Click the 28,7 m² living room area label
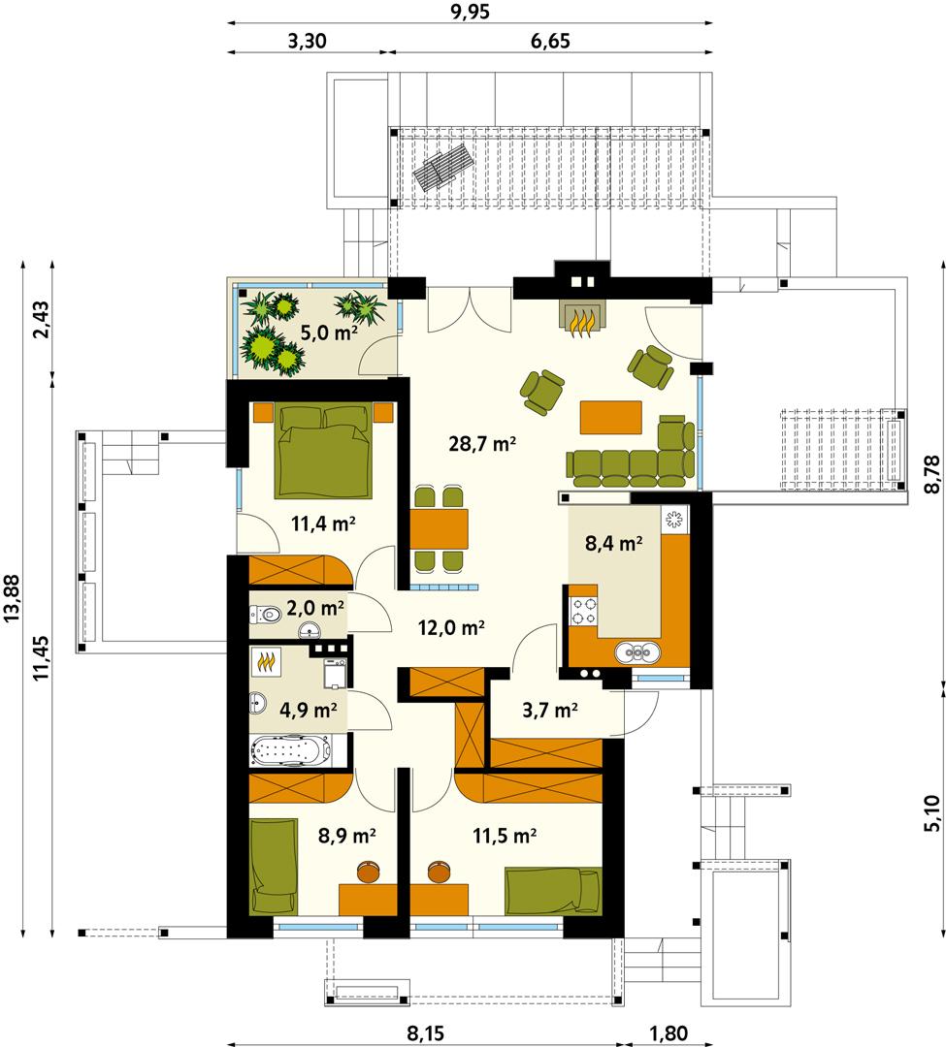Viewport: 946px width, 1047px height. click(x=482, y=445)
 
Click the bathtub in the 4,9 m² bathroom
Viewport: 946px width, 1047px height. click(x=291, y=749)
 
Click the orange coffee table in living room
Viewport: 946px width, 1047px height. click(x=610, y=417)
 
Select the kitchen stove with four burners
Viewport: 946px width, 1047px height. click(x=582, y=611)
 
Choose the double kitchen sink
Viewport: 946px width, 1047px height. click(x=637, y=651)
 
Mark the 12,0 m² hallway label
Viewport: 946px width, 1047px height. click(x=451, y=627)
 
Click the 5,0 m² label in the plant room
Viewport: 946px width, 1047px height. click(x=328, y=333)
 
